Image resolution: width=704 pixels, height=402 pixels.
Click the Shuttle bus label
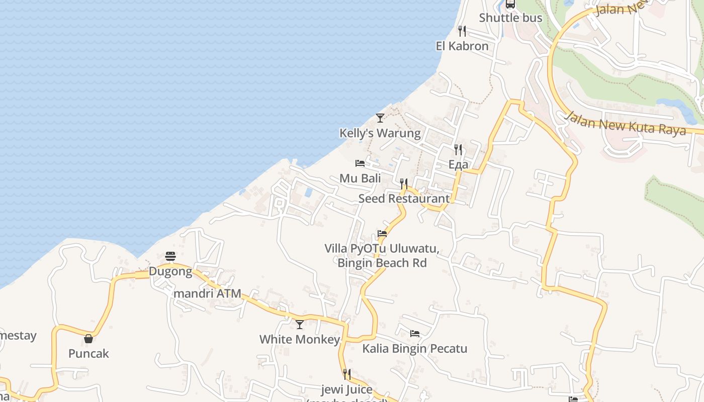(x=510, y=18)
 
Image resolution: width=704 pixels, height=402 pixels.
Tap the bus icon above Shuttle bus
(x=510, y=5)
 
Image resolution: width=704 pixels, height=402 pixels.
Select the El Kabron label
(x=462, y=46)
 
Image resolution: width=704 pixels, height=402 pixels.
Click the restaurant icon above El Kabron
(x=462, y=31)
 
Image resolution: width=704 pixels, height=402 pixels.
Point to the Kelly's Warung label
(x=380, y=133)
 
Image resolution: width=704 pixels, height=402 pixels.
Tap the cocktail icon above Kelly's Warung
(x=380, y=118)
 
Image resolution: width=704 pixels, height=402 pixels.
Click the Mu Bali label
(x=360, y=178)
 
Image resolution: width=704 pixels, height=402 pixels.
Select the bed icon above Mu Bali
(x=360, y=163)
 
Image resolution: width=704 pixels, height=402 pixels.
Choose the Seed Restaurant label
(x=404, y=198)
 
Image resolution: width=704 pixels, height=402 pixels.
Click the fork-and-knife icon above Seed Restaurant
(x=404, y=184)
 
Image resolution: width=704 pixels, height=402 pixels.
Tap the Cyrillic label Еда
(x=458, y=164)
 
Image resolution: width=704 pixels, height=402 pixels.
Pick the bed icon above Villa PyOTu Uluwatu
(x=382, y=234)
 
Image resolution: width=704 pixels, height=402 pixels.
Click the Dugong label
(x=170, y=272)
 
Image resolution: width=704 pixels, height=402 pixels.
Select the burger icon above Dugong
(x=170, y=257)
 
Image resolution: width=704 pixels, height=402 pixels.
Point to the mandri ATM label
(x=207, y=293)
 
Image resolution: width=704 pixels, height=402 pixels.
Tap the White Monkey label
(x=300, y=340)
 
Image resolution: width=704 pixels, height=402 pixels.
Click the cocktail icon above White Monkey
(x=300, y=325)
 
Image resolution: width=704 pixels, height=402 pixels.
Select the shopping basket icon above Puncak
(x=89, y=339)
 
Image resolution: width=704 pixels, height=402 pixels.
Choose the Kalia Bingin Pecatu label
(x=415, y=349)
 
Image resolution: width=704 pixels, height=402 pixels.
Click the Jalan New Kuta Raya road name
(x=626, y=123)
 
